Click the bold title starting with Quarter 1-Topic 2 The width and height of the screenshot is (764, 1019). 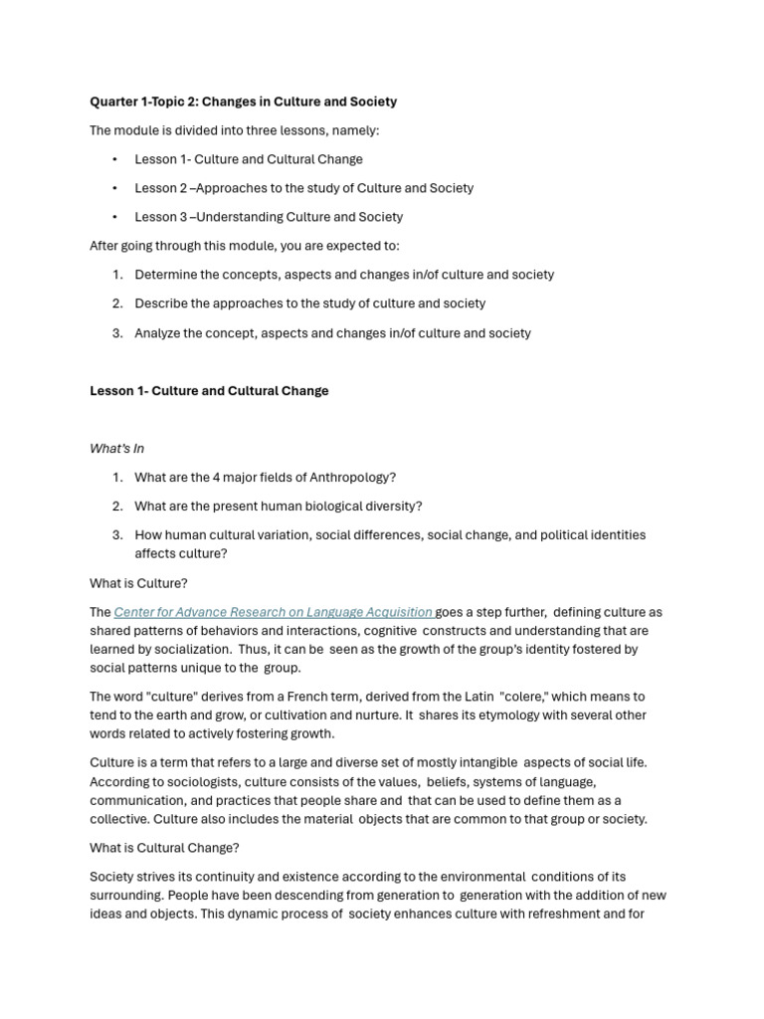(x=243, y=102)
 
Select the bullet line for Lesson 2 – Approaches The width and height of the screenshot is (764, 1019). (x=303, y=188)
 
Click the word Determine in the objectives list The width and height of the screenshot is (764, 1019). (x=166, y=275)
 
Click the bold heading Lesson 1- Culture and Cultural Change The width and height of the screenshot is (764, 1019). (x=209, y=391)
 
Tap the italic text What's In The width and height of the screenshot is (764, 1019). (x=116, y=449)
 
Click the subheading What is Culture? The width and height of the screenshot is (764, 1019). (x=138, y=583)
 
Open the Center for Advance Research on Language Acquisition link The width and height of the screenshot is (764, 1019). (x=274, y=612)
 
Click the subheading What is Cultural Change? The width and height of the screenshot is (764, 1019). (x=164, y=848)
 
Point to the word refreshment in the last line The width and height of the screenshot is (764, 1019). (x=550, y=914)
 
